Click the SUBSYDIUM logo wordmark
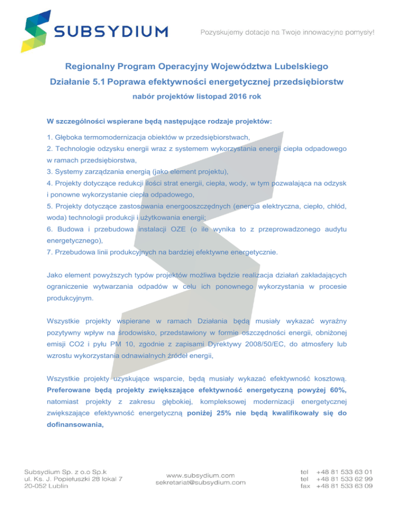pos(111,32)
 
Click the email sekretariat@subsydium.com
pos(200,482)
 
